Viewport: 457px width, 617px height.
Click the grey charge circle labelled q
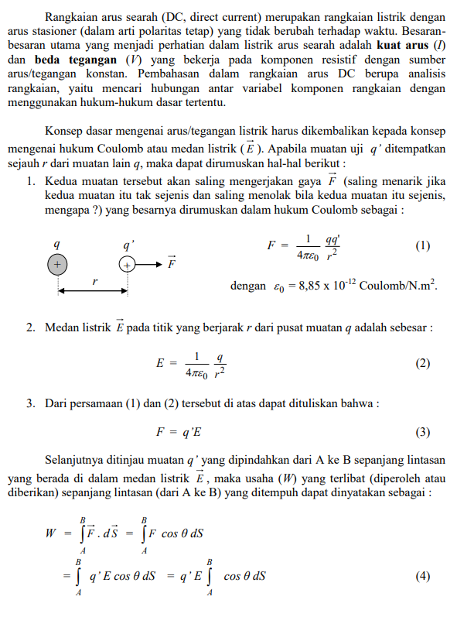(56, 265)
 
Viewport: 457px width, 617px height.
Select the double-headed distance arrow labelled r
(92, 291)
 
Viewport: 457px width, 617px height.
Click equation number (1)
(422, 246)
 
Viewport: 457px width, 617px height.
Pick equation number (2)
(422, 363)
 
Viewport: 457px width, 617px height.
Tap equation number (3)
(422, 432)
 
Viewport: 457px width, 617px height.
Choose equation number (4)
(422, 576)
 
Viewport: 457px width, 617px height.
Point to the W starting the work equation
(50, 533)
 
